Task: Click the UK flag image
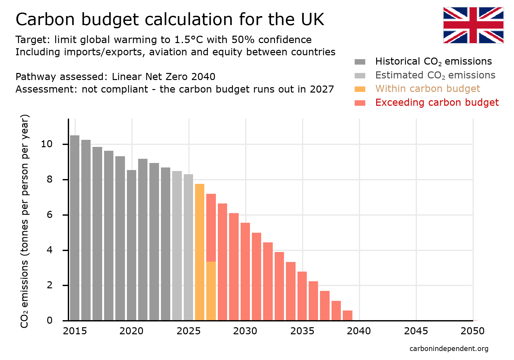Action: [x=473, y=25]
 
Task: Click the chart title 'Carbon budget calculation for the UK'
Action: [x=170, y=19]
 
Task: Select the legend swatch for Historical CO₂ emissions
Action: [x=360, y=62]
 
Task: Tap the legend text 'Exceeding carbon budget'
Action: [x=437, y=103]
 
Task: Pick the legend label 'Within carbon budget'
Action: [x=427, y=89]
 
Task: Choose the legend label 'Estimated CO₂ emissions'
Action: [x=435, y=75]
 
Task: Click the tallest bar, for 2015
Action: [x=75, y=228]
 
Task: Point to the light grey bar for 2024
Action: [x=177, y=246]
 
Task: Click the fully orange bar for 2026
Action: [x=199, y=252]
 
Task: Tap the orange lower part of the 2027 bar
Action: [x=211, y=291]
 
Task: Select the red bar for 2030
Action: [x=245, y=272]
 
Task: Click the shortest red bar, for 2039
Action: [x=348, y=315]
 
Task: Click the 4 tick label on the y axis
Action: [x=49, y=250]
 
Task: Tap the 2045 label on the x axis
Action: [x=416, y=331]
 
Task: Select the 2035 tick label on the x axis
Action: [x=302, y=331]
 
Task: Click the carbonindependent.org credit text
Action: [x=449, y=349]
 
